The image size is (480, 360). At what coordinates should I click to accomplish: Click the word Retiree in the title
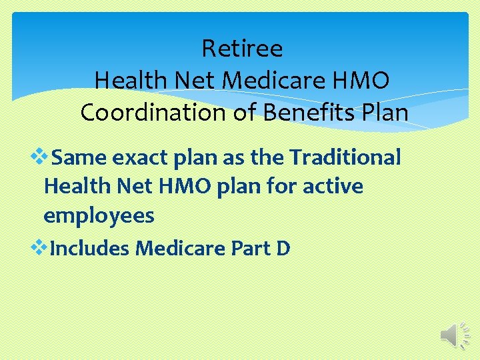(242, 49)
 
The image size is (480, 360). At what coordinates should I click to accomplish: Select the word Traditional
(345, 158)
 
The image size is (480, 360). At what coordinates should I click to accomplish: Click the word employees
(99, 215)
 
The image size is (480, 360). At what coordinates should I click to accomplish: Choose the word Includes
(90, 249)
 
